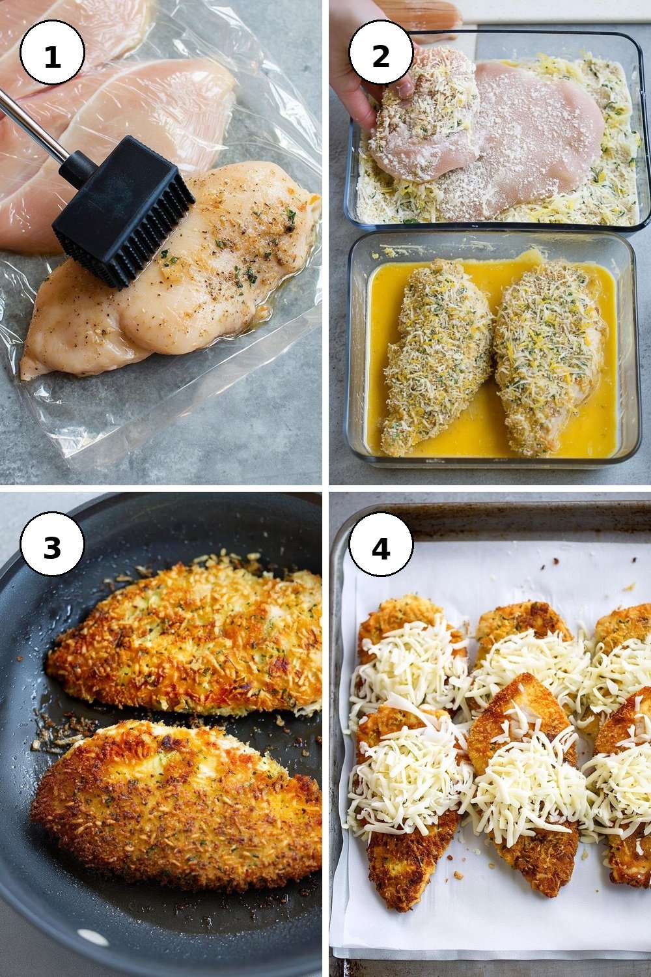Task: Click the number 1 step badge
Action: [52, 52]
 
